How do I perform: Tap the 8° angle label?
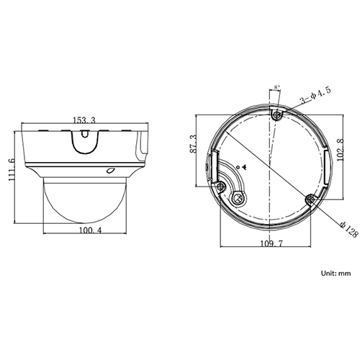[277, 88]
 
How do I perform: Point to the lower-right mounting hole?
[310, 198]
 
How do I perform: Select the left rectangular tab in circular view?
[209, 165]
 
